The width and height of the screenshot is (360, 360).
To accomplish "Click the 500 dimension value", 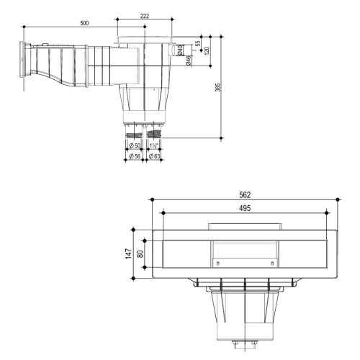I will [84, 23].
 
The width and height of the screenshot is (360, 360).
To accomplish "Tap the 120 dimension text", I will [207, 51].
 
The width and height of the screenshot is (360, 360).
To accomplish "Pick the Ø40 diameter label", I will [179, 50].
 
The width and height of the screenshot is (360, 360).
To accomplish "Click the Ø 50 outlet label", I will [134, 146].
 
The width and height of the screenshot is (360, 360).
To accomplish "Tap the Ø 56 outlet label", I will [134, 156].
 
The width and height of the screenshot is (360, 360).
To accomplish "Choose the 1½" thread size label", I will [153, 146].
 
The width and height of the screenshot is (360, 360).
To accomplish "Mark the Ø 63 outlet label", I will [154, 156].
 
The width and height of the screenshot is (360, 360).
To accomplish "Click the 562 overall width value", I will [244, 195].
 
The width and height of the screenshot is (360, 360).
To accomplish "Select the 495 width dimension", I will [244, 207].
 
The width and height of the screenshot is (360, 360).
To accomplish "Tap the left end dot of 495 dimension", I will [163, 212].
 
